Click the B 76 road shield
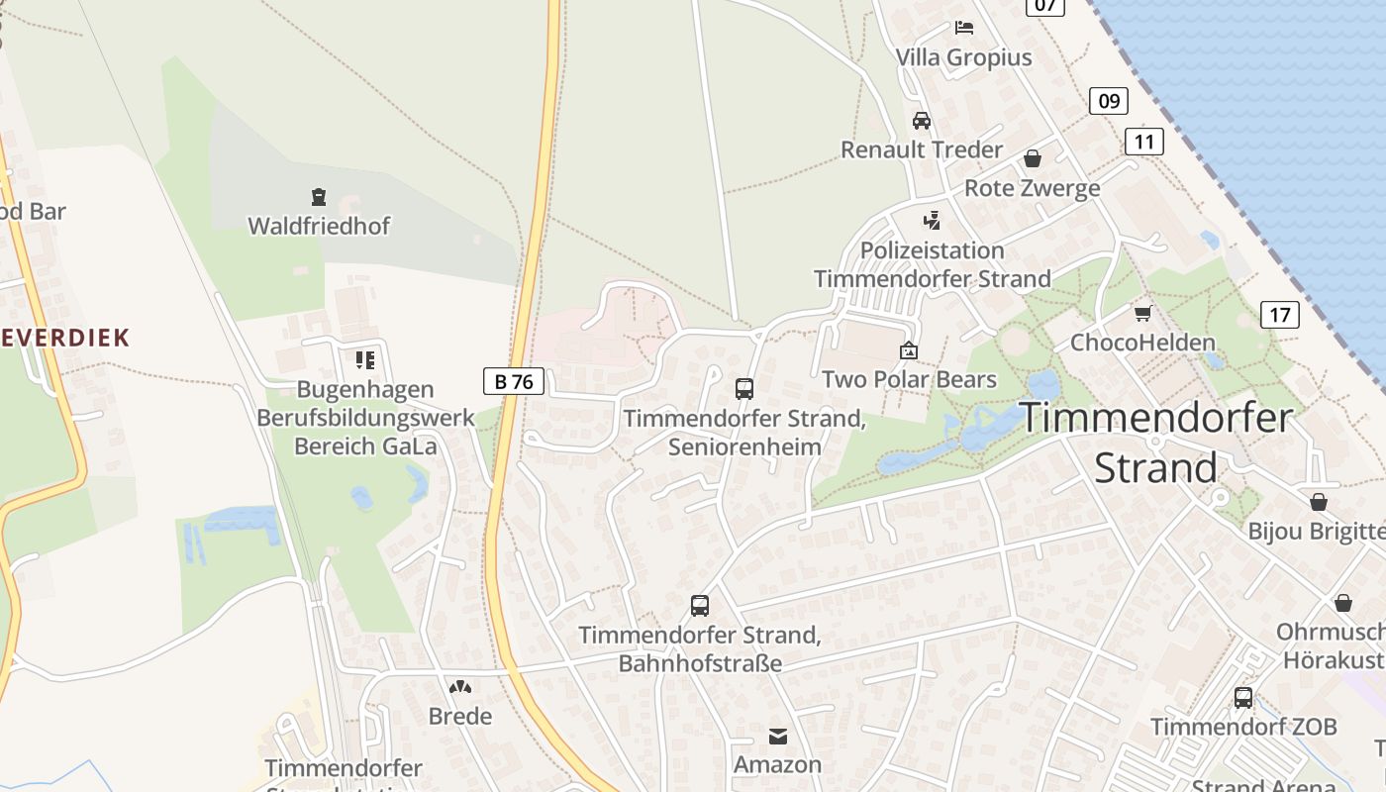coord(514,380)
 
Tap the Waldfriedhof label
coord(319,226)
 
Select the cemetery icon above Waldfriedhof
coord(319,197)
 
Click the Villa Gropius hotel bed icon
coord(963,28)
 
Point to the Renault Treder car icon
coord(922,121)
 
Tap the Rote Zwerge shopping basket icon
coord(1033,158)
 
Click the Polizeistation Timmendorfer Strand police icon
coord(932,220)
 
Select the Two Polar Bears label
coord(909,379)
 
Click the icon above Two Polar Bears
coord(908,350)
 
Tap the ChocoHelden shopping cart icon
coord(1143,314)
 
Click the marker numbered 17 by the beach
coord(1279,315)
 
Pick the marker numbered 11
coord(1143,142)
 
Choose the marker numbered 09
coord(1109,100)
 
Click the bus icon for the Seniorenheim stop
coord(744,389)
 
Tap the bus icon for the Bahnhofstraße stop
coord(700,605)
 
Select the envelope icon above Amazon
coord(777,736)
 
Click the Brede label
coord(459,715)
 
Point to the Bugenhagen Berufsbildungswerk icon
coord(365,360)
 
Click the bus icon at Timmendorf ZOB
coord(1243,698)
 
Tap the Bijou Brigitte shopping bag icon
coord(1318,502)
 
